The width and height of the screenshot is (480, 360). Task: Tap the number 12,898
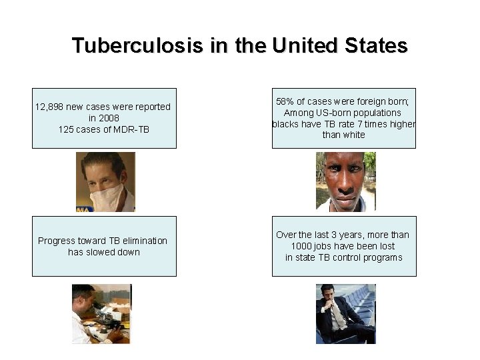pos(53,107)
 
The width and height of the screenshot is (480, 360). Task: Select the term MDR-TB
pos(131,129)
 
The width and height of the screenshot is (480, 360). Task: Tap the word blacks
pos(286,124)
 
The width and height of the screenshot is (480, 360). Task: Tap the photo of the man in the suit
pos(345,314)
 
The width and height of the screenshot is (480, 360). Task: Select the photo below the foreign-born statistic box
pos(345,181)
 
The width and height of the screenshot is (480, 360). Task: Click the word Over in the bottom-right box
pos(286,235)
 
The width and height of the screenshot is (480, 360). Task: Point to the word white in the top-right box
pos(353,135)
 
